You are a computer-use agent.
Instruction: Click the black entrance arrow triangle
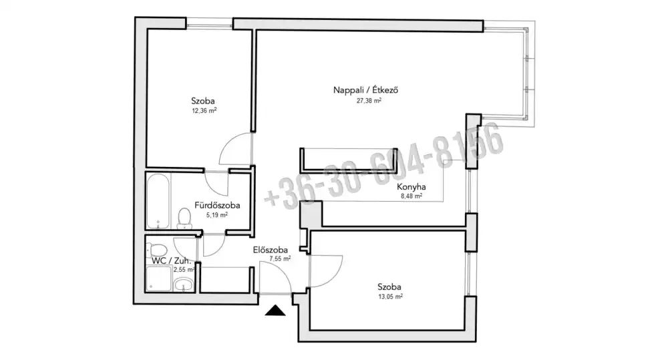275,311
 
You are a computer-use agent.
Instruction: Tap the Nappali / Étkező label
365,90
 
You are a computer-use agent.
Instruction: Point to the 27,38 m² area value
369,101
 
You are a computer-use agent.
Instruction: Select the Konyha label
411,186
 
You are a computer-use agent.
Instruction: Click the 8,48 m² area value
411,196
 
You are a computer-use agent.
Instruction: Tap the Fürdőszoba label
217,205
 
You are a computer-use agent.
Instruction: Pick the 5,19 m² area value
217,215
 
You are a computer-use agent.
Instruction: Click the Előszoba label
270,250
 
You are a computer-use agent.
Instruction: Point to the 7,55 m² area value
280,258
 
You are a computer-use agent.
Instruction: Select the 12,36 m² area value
204,111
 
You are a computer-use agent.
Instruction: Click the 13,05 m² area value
390,297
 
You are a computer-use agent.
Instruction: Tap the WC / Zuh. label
171,260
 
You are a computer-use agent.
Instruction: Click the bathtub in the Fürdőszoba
158,202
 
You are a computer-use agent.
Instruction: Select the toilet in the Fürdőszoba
184,218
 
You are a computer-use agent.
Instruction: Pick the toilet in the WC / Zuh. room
157,250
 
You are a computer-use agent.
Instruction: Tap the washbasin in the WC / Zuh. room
184,284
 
